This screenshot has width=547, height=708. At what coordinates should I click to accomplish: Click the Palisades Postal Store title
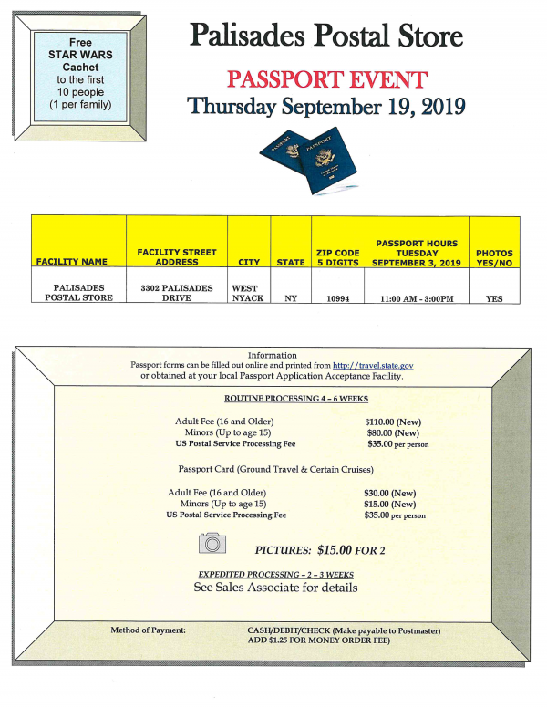click(x=325, y=36)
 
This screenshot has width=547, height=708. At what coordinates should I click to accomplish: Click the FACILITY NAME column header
click(x=77, y=262)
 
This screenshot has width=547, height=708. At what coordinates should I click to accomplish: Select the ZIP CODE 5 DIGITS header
click(x=336, y=256)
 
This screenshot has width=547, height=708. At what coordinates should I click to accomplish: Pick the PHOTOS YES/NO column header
click(x=494, y=256)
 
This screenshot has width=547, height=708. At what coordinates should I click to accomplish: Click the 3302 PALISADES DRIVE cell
click(x=176, y=292)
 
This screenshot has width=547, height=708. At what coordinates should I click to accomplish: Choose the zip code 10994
click(x=336, y=297)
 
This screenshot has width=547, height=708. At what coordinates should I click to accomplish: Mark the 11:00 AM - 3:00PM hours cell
click(x=416, y=297)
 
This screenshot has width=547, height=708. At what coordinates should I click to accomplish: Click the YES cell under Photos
click(x=494, y=297)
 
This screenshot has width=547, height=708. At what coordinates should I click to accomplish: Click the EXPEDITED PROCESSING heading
click(x=275, y=574)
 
